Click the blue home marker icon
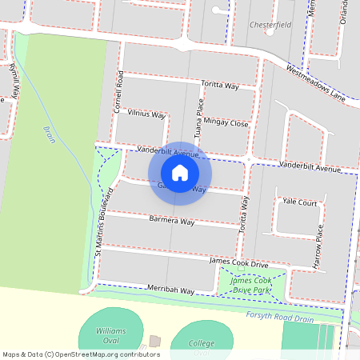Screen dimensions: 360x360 point(180,172)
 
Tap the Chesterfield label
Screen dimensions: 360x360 point(269,25)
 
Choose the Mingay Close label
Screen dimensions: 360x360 point(226,123)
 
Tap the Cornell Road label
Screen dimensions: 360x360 point(119,91)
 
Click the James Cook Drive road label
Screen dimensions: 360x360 point(238,262)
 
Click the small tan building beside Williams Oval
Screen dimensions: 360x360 point(154,342)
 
